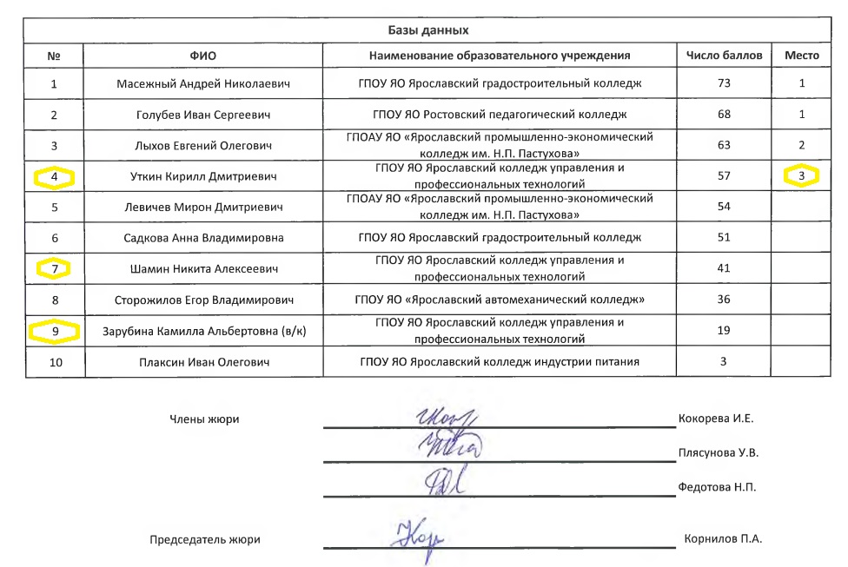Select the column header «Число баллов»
tap(724, 55)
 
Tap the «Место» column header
tap(801, 55)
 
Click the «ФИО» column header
tap(202, 55)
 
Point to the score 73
tap(724, 84)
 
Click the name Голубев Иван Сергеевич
tap(202, 115)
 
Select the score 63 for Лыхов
tap(724, 145)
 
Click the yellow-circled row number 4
tap(54, 177)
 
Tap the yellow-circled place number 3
tap(801, 175)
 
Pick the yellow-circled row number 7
tap(54, 268)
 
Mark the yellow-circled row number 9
tap(54, 330)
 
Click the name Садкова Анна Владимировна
tap(202, 237)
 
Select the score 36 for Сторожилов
tap(724, 300)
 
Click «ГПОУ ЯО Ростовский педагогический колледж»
tap(500, 115)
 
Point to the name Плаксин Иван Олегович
tap(202, 361)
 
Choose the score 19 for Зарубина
tap(724, 330)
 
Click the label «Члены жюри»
tap(203, 419)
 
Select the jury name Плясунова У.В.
tap(719, 452)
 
